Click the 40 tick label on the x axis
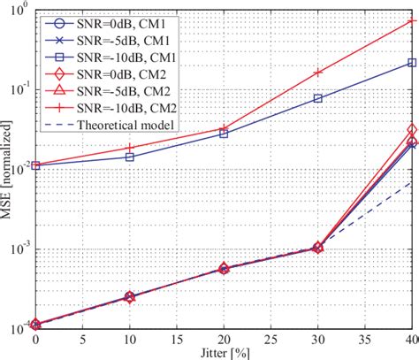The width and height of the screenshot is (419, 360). pos(411,339)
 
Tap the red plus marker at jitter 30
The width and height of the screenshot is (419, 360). pos(318,73)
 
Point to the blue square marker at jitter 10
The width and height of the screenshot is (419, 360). pos(129,157)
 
